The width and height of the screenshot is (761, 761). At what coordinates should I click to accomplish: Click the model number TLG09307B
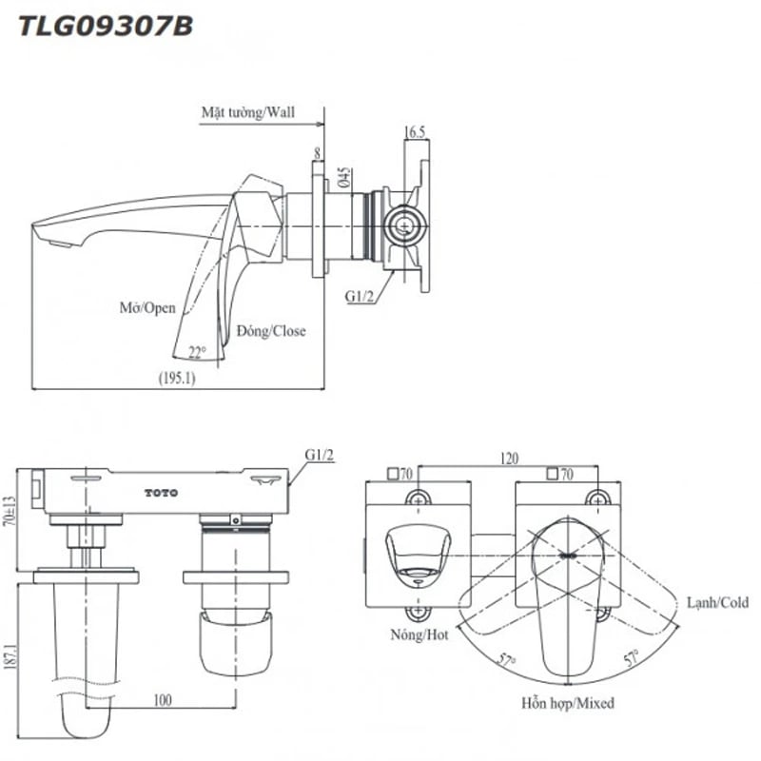coord(106,26)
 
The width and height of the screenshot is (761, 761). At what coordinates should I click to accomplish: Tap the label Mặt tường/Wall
coord(247,112)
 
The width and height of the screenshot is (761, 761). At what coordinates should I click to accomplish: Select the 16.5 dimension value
coord(414,133)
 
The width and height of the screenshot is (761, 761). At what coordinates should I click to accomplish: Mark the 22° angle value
coord(197,351)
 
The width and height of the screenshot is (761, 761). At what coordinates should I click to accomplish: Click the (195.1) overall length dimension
coord(177,378)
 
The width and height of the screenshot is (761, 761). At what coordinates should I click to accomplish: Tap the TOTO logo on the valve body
coord(161,492)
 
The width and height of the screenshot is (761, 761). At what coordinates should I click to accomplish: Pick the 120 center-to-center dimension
coord(509,459)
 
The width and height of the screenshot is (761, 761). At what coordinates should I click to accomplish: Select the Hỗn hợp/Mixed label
coord(567,704)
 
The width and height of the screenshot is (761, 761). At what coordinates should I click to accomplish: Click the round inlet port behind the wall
coord(404,227)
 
